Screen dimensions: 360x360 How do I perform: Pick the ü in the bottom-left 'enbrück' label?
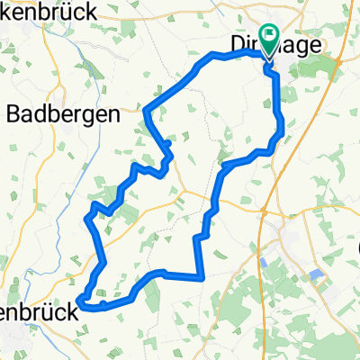pyautogui.click(x=51, y=304)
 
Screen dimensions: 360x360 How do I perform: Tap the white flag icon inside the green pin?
pyautogui.click(x=268, y=35)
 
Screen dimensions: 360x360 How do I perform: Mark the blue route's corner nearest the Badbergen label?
pyautogui.click(x=146, y=111)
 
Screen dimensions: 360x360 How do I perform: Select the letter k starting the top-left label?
pyautogui.click(x=4, y=13)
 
